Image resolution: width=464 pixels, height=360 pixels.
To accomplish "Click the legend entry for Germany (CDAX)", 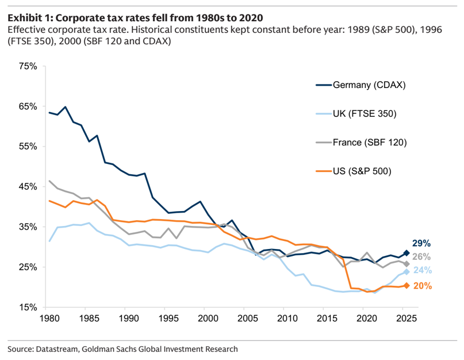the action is (x=361, y=85).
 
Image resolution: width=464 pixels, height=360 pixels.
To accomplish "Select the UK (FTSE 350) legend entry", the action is (x=356, y=114).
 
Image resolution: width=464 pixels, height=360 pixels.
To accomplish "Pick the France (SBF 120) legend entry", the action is (x=361, y=143).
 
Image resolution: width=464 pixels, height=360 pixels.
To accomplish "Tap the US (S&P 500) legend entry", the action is (x=354, y=171).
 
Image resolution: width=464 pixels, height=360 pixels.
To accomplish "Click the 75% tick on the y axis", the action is (x=28, y=66).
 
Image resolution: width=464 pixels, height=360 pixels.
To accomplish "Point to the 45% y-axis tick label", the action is (x=28, y=187).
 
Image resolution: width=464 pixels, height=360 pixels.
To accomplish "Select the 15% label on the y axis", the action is (x=28, y=307).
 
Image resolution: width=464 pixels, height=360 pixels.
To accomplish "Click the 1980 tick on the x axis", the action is (x=49, y=318).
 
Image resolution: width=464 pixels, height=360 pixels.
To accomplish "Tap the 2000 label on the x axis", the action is (x=208, y=318).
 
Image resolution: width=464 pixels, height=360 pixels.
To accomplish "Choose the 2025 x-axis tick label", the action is (x=407, y=318).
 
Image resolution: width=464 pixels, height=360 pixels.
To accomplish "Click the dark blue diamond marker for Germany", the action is (x=407, y=253).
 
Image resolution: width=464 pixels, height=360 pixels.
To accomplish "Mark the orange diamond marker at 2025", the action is (x=407, y=286).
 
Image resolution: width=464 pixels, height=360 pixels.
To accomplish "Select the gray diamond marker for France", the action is (x=407, y=264).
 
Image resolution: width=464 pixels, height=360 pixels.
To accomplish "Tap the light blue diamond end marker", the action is (x=407, y=272).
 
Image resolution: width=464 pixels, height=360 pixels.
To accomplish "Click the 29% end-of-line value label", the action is (x=421, y=243).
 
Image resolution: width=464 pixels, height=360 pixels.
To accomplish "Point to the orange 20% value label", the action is (x=423, y=286).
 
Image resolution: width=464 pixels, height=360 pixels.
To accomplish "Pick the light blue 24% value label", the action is (x=423, y=270).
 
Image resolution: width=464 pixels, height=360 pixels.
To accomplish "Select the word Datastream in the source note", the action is (x=57, y=349).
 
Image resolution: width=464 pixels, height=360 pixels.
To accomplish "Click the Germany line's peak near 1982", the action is (x=65, y=107).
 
